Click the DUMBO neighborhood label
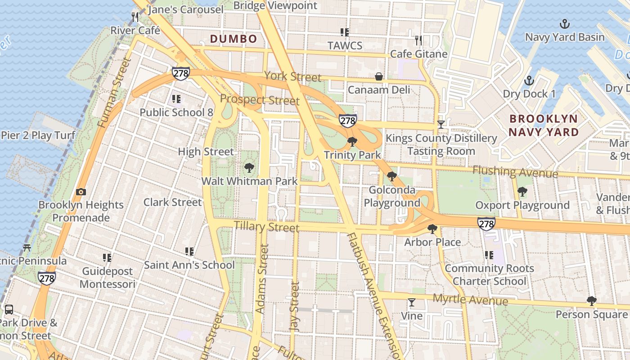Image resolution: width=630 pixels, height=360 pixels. pos(234,39)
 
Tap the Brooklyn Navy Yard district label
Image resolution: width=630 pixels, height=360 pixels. pos(544,126)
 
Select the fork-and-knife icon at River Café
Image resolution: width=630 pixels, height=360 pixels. pos(135,17)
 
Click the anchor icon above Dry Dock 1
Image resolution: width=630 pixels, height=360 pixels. pos(529,81)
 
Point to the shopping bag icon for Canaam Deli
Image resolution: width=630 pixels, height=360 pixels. pos(379,77)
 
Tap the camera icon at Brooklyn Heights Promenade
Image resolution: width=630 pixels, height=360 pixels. pos(81,192)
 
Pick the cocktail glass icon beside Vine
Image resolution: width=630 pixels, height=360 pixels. pos(411,302)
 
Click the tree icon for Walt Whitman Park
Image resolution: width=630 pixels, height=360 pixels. pos(249,168)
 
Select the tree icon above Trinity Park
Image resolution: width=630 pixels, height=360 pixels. pos(352,142)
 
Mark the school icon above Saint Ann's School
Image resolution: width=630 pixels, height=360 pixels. pos(189,252)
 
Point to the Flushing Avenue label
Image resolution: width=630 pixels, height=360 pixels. pos(515,172)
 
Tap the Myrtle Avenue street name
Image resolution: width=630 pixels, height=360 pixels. pos(470,300)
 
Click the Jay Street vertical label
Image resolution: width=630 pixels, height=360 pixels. pos(295,307)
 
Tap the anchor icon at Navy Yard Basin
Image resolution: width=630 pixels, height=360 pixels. pos(564,24)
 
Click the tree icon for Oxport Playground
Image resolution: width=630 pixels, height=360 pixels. pos(522,192)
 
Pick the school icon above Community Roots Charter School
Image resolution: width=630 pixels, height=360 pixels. pos(489,255)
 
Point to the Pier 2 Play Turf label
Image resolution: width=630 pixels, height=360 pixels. pos(38,135)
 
